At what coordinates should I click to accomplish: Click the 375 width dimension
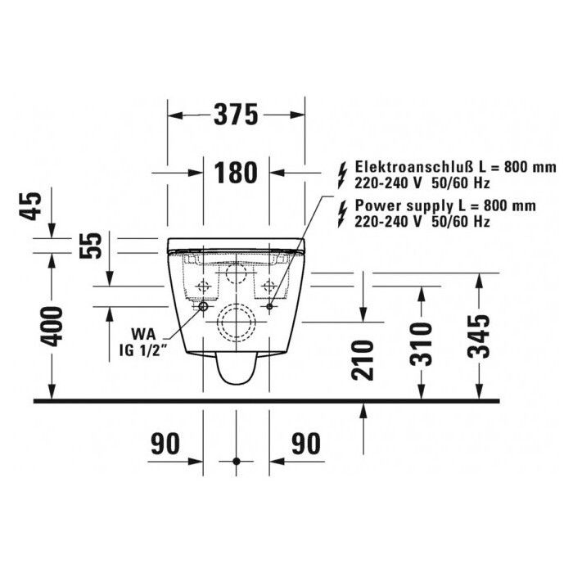tap(236, 115)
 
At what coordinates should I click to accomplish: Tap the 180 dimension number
tap(236, 173)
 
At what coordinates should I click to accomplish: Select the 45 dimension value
tap(31, 206)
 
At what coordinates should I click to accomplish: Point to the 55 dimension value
tap(90, 246)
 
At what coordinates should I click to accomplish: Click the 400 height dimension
tap(51, 327)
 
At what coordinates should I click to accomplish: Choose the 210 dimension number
tap(363, 360)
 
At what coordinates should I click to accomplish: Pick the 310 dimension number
tap(422, 345)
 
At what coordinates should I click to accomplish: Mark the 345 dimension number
tap(479, 336)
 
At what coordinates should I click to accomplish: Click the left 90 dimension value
tap(165, 444)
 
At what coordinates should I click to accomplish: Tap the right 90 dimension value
tap(306, 444)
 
